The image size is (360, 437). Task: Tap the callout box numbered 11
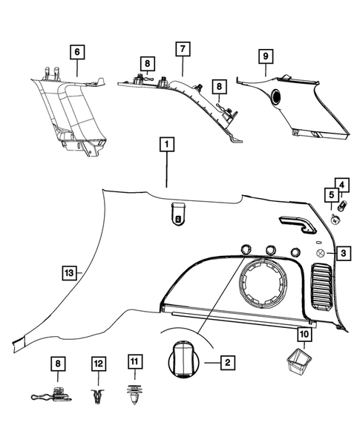[x=134, y=362]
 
